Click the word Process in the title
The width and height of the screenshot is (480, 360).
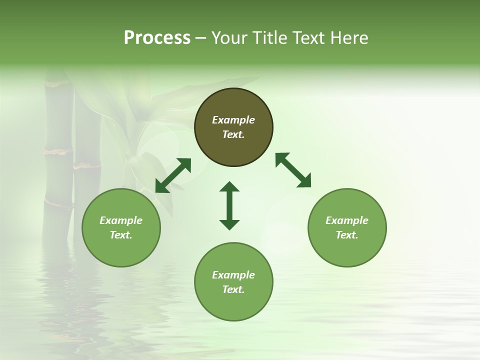coord(157,38)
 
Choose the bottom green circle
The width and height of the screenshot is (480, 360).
coord(233,305)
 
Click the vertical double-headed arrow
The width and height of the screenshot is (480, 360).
coord(229,205)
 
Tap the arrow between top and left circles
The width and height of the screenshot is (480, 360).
coord(173,175)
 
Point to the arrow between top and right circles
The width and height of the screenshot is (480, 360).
coord(293,170)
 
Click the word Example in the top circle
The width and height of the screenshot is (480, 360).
coord(233,120)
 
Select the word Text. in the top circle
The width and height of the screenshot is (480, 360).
coord(233,134)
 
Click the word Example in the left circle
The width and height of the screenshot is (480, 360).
coord(121,220)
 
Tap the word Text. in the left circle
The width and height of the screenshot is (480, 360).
coord(121,235)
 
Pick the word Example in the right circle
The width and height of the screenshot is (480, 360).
coord(347,220)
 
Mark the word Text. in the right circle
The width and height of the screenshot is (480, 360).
coord(347,235)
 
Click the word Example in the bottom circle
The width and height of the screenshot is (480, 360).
coord(233,275)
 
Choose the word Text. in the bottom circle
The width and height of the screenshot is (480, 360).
coord(233,289)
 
